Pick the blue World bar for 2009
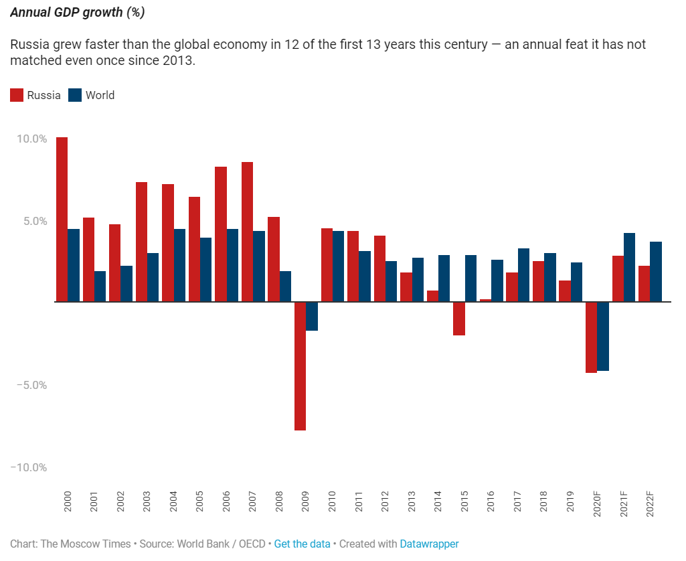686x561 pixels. pyautogui.click(x=312, y=316)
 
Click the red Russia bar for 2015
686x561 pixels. pyautogui.click(x=458, y=318)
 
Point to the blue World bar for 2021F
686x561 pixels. pyautogui.click(x=629, y=267)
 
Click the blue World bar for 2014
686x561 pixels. pyautogui.click(x=444, y=278)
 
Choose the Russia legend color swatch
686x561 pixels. pyautogui.click(x=17, y=95)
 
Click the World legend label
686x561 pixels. pyautogui.click(x=100, y=95)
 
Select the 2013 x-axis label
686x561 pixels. pyautogui.click(x=412, y=502)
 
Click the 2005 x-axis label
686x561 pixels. pyautogui.click(x=199, y=502)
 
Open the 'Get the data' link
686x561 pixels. pyautogui.click(x=302, y=544)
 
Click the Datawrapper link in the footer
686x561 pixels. pyautogui.click(x=429, y=544)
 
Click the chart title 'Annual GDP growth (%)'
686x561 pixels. pyautogui.click(x=78, y=13)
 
